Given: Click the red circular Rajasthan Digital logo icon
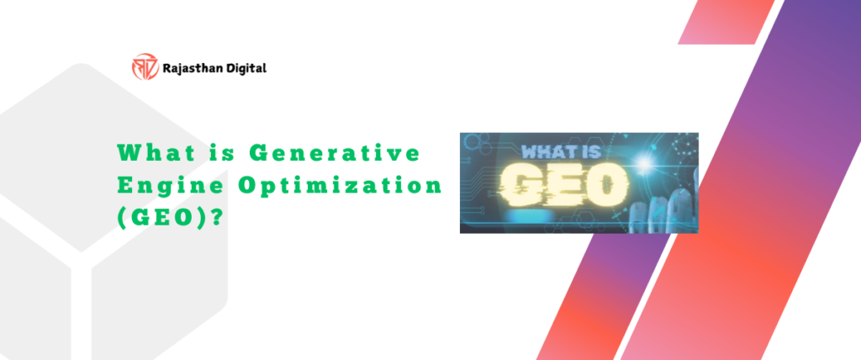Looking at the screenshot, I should [x=144, y=66].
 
